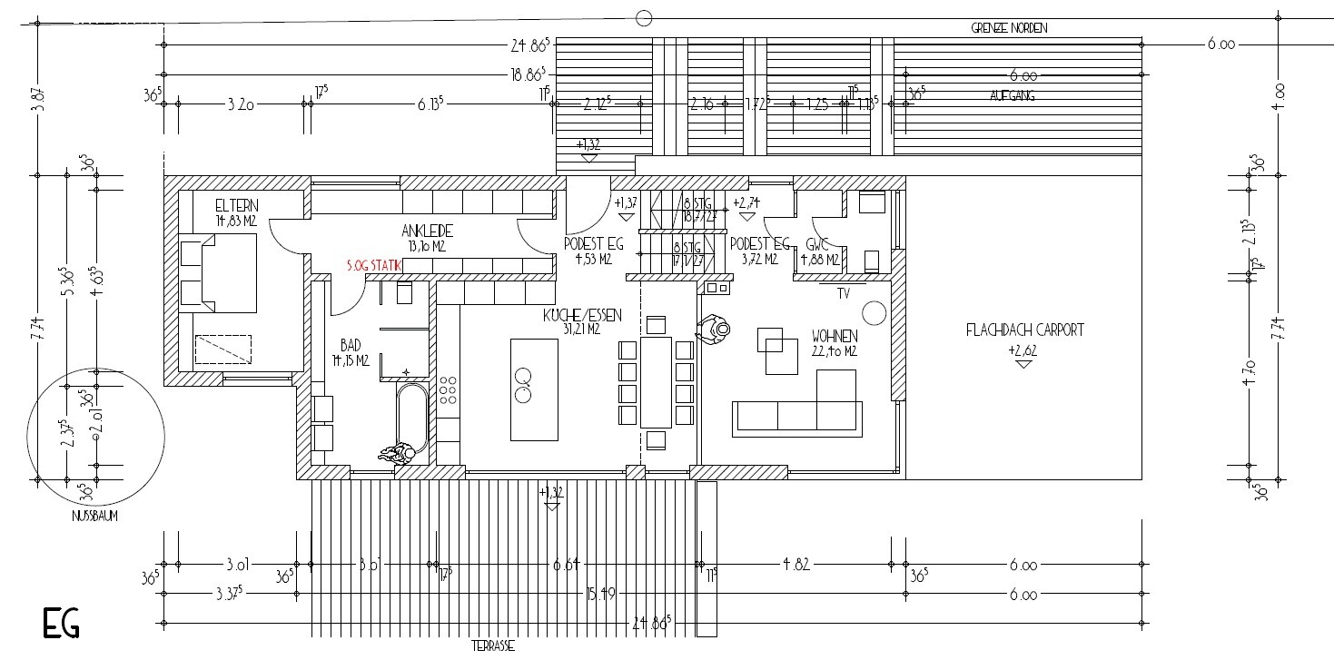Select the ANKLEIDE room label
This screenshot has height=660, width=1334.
coord(429,231)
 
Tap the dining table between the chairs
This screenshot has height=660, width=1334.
coord(655,381)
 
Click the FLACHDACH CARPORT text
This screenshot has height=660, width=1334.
coord(1024,330)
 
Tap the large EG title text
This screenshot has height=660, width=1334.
coord(62,625)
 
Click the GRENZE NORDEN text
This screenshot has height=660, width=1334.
coord(1009,28)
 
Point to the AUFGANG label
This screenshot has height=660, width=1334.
coord(1013,94)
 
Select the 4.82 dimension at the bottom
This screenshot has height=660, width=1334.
coord(795,565)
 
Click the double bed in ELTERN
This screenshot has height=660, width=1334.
coord(218,272)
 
